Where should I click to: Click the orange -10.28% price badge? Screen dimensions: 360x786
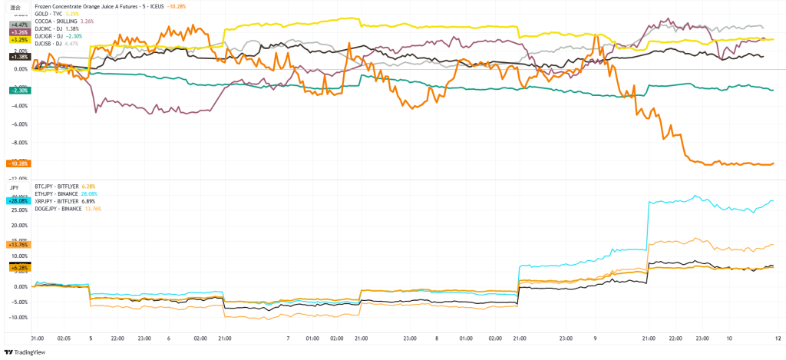tap(18, 163)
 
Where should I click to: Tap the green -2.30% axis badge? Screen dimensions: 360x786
tap(18, 91)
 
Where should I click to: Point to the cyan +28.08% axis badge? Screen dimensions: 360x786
tap(18, 200)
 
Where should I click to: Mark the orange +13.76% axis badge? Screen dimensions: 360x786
tap(18, 244)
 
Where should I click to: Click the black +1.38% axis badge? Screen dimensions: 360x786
tap(18, 57)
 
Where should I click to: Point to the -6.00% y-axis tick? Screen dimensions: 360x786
tap(19, 124)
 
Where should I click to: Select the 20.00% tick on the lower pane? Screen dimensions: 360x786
tap(18, 225)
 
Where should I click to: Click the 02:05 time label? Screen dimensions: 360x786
tap(64, 337)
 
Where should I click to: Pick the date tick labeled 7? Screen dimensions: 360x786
tap(288, 337)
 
